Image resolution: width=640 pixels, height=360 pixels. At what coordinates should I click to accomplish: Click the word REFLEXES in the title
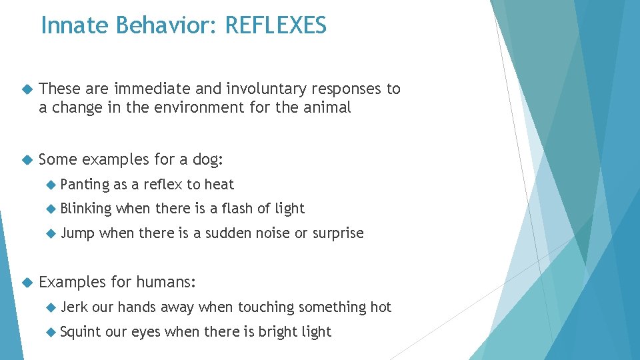pos(276,25)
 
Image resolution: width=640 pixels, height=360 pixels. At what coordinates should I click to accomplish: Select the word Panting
pos(84,184)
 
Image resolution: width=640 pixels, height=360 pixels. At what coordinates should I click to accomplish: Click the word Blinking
pos(86,209)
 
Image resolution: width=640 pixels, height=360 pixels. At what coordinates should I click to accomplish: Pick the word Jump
pos(77,233)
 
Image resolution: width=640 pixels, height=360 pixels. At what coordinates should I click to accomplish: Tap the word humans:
pos(166,282)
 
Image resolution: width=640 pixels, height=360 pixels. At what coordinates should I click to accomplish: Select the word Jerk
pos(74,307)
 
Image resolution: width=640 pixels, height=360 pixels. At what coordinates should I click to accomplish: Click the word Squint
pos(81,332)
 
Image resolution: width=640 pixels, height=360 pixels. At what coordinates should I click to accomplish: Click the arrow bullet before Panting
pos(51,185)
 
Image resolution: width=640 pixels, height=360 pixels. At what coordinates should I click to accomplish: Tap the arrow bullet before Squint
pos(51,332)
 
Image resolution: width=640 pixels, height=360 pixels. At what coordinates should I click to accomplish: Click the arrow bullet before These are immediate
pos(26,89)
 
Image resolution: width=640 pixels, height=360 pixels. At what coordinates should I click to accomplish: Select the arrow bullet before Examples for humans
pos(26,283)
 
